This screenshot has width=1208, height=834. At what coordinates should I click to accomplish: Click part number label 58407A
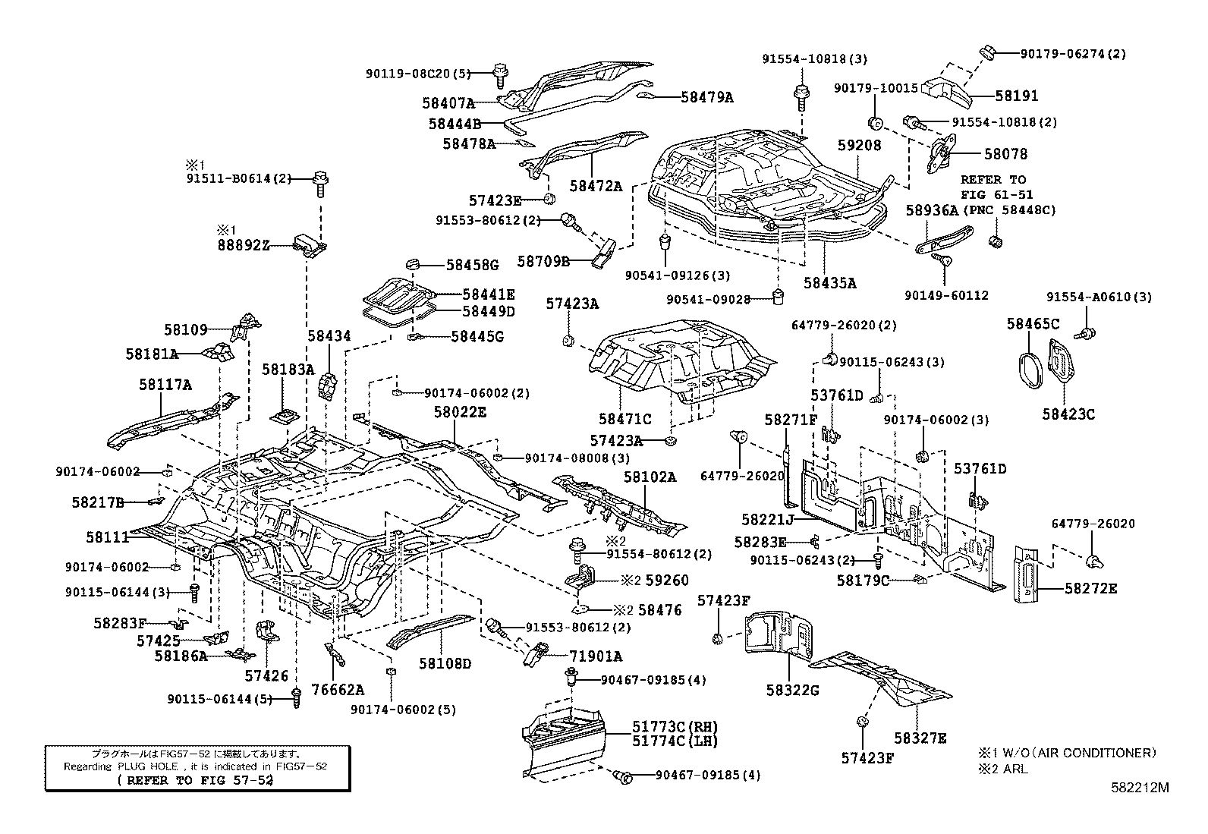click(x=448, y=102)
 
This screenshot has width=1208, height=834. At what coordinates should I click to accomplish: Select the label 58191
click(x=1017, y=96)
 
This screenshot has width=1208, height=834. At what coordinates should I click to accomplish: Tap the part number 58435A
click(x=829, y=283)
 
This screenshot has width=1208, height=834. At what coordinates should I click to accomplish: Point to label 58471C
click(x=624, y=419)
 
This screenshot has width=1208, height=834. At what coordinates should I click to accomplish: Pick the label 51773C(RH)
click(x=675, y=726)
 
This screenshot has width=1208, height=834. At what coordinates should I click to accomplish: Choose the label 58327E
click(x=920, y=738)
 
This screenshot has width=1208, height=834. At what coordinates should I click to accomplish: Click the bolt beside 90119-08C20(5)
click(x=500, y=74)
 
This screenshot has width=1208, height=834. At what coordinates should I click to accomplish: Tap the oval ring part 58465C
click(x=1030, y=373)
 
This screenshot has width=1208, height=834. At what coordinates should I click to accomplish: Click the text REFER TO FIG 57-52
click(x=196, y=780)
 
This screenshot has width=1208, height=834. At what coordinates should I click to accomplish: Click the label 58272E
click(x=1090, y=588)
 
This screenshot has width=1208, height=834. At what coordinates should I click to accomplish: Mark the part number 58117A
click(x=165, y=385)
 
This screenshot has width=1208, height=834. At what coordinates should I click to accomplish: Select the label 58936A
click(x=932, y=210)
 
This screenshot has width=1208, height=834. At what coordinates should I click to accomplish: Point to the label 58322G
click(x=792, y=690)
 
